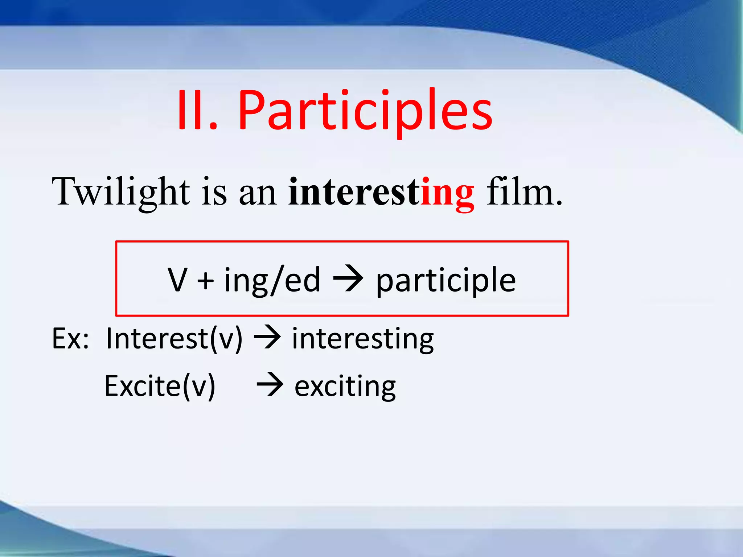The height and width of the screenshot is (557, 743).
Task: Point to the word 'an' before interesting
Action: (x=258, y=194)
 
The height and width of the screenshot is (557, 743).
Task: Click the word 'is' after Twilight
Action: (x=214, y=192)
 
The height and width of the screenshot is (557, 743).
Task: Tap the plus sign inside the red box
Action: (x=205, y=280)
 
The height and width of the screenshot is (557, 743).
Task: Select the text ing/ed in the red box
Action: (x=272, y=280)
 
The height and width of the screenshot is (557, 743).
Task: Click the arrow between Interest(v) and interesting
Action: (x=267, y=338)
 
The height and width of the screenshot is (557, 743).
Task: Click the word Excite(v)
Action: (x=160, y=386)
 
